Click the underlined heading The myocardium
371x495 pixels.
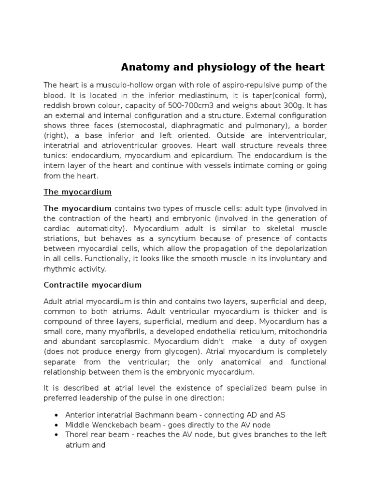pyautogui.click(x=77, y=192)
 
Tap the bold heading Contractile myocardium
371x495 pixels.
pyautogui.click(x=92, y=285)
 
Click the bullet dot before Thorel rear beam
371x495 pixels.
pyautogui.click(x=57, y=435)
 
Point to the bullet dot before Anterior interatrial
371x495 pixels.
pyautogui.click(x=57, y=415)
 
